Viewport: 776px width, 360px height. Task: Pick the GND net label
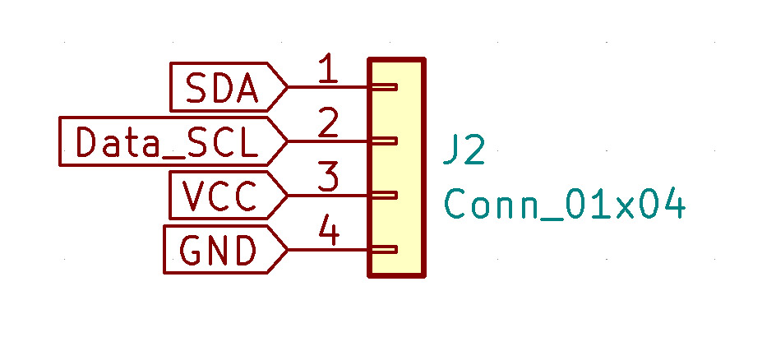(218, 250)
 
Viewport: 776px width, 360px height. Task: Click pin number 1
(327, 71)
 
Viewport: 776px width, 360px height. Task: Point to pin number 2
(328, 125)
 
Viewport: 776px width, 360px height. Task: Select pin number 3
(328, 179)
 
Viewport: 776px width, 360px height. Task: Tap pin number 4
(329, 233)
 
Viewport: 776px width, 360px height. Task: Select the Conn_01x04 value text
(565, 205)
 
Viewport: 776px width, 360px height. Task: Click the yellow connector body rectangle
(397, 168)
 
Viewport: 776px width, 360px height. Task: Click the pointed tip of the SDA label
(286, 87)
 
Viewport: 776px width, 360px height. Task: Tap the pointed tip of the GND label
(286, 250)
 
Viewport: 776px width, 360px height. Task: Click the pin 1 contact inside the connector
(385, 87)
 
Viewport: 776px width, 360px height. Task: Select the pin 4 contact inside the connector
(385, 250)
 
